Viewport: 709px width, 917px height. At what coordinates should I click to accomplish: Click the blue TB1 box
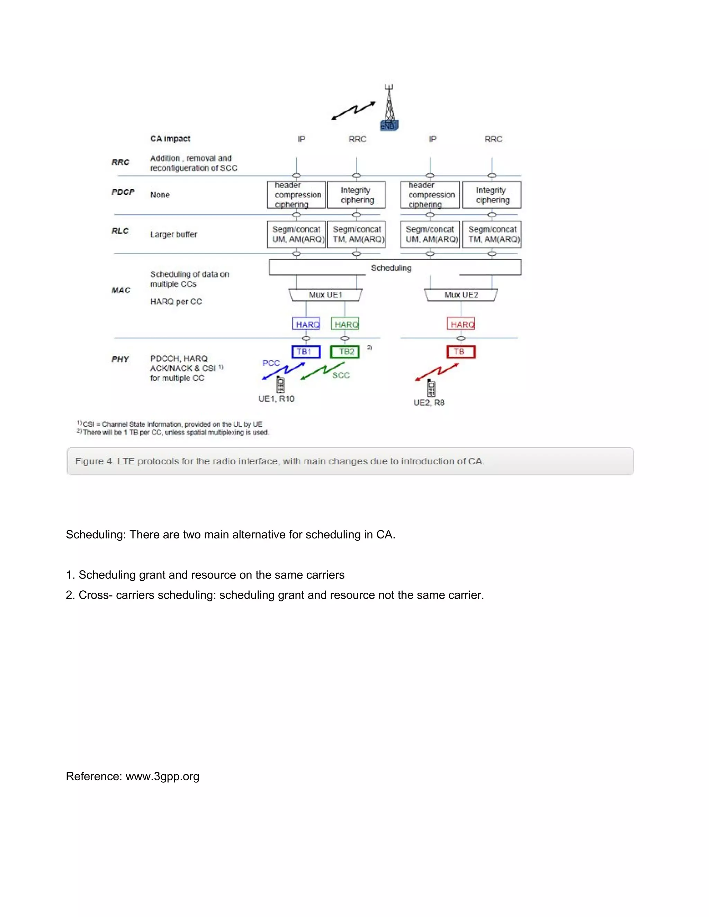click(x=306, y=352)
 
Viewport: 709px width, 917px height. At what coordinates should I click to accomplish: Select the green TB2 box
click(x=345, y=352)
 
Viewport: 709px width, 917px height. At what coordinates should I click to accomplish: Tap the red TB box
click(x=461, y=352)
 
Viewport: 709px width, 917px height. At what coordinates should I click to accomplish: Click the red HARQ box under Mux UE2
click(x=461, y=324)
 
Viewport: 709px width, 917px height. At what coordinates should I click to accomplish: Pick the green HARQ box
click(x=345, y=324)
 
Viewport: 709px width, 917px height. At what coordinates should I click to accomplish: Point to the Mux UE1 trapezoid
click(x=325, y=295)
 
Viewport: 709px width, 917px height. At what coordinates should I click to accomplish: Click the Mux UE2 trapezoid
click(x=461, y=295)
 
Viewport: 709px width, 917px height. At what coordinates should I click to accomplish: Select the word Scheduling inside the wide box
click(x=391, y=268)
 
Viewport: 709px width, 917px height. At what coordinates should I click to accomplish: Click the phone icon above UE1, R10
click(x=280, y=384)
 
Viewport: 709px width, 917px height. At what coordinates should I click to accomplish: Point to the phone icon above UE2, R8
click(x=431, y=388)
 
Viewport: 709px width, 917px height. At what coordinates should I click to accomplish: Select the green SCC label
click(x=341, y=375)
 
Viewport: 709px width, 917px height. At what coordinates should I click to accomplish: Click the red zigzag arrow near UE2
click(x=437, y=372)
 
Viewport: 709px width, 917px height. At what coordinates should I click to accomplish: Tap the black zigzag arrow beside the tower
click(x=353, y=110)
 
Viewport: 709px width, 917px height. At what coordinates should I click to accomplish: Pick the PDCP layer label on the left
click(x=123, y=192)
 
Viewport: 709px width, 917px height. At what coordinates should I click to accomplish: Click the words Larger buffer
click(x=173, y=234)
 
